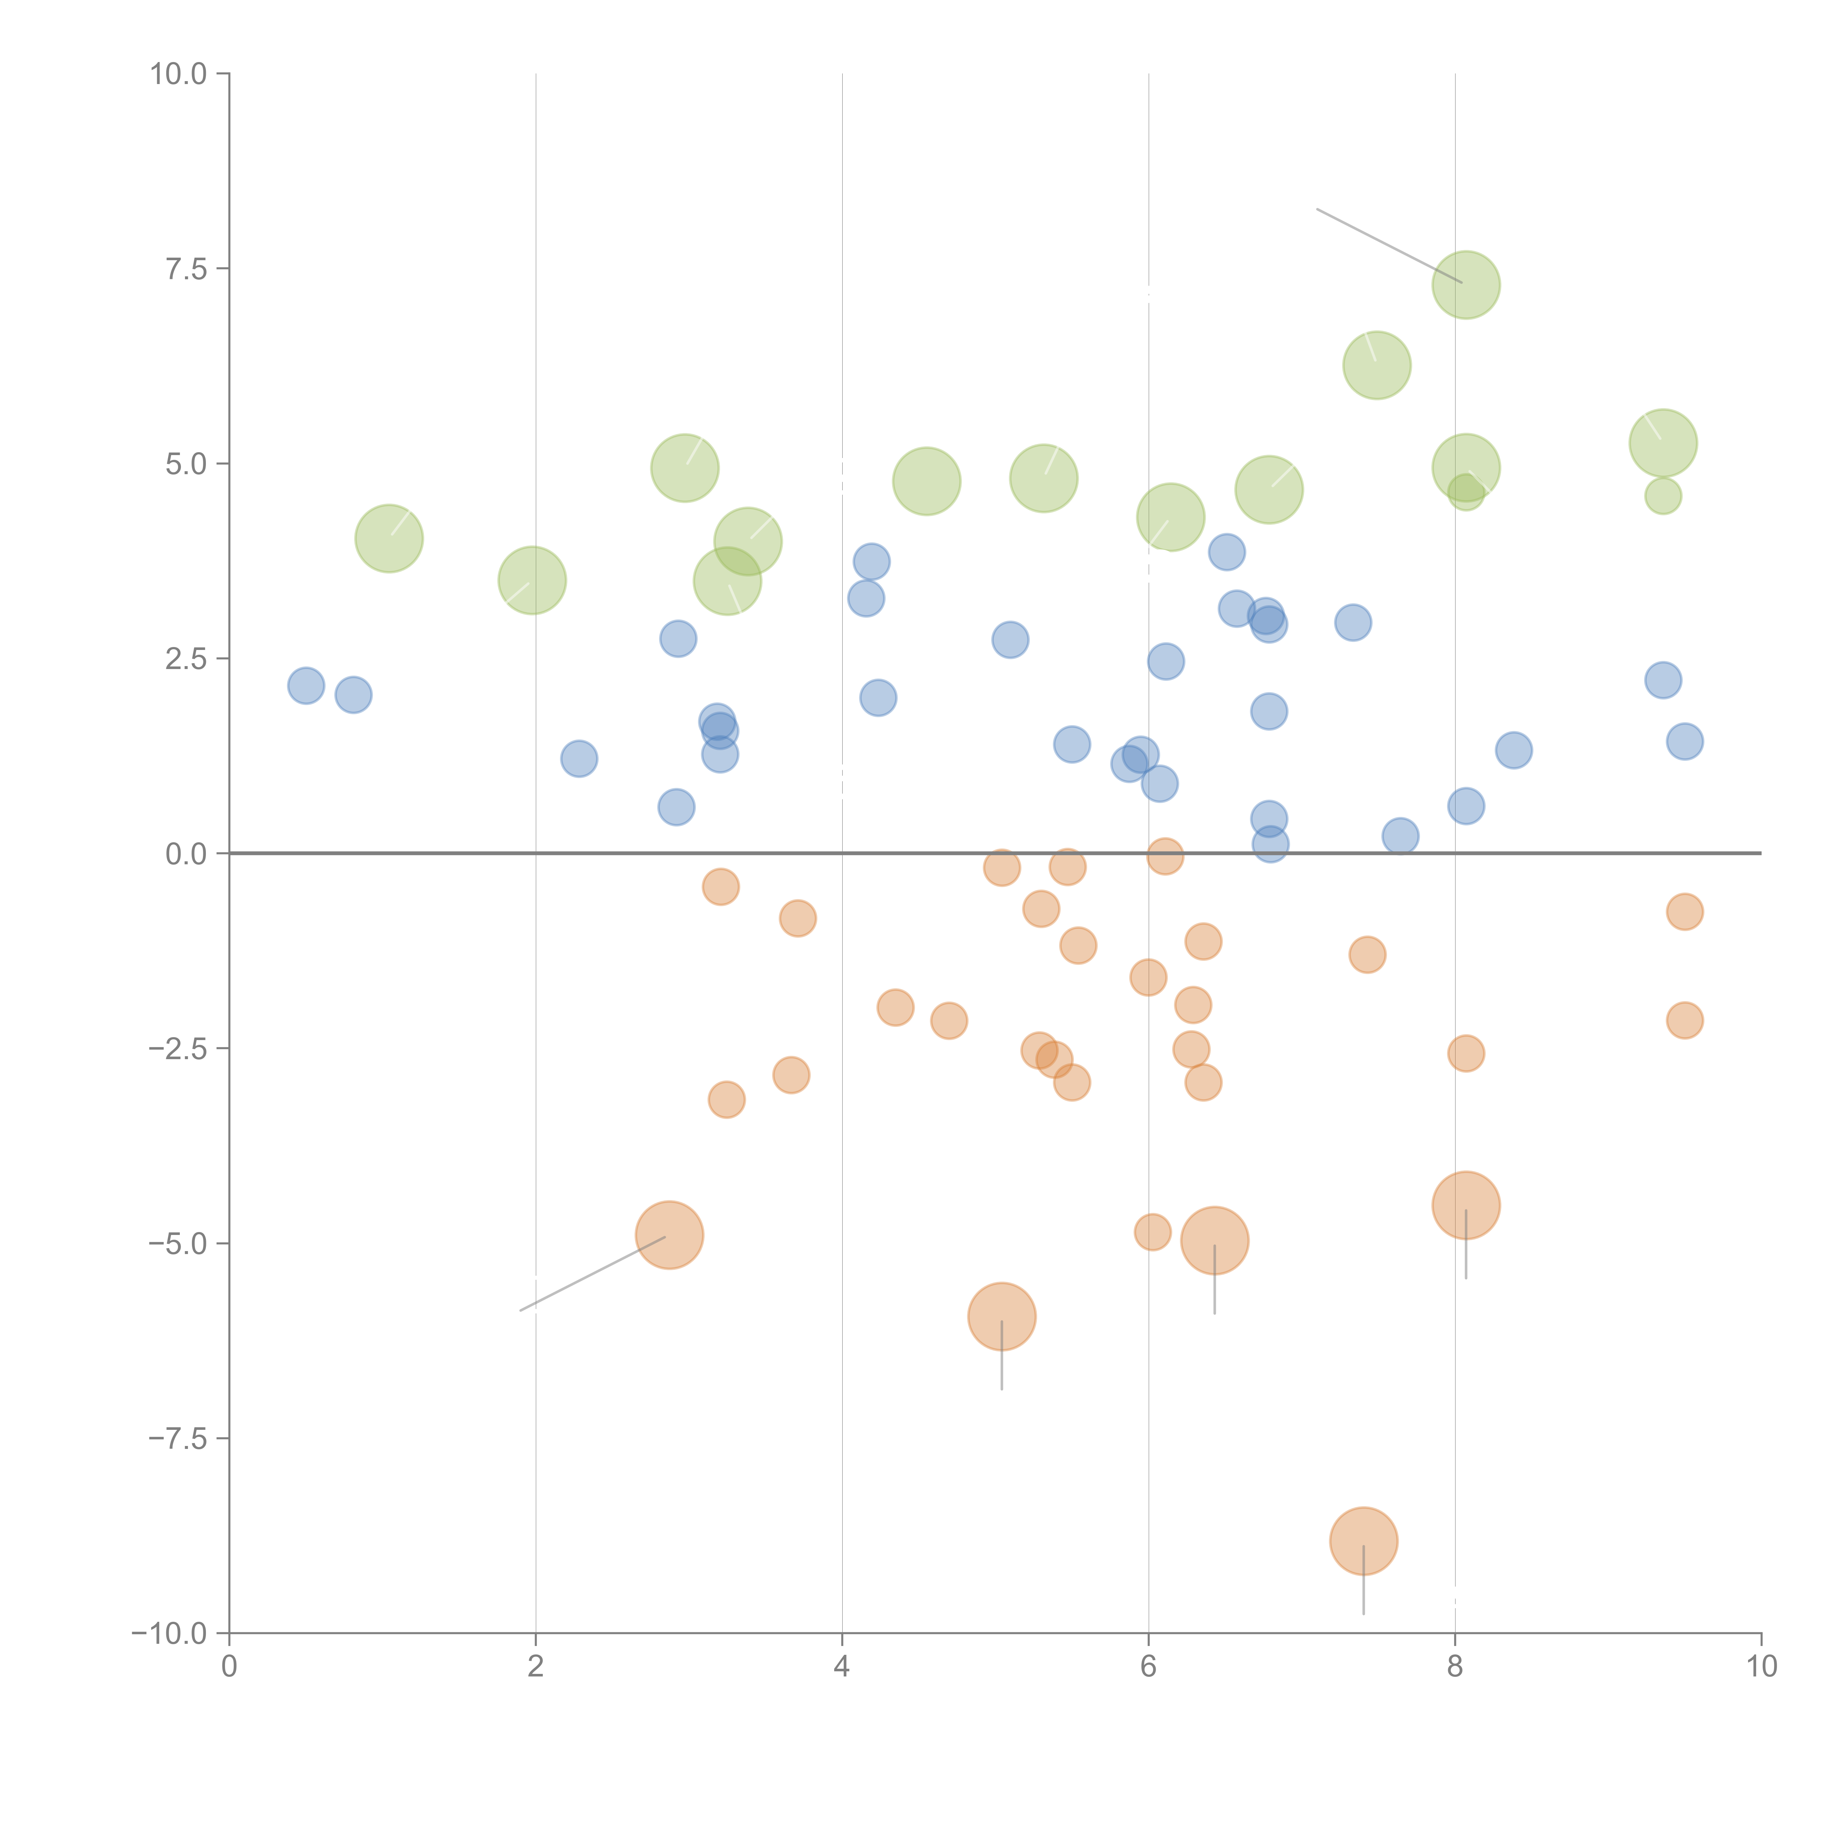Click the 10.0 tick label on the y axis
tap(178, 74)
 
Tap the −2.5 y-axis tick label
tap(178, 1049)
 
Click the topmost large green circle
tap(1465, 285)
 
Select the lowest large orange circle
tap(1363, 1541)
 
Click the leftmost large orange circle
tap(670, 1235)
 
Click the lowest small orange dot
tap(1152, 1232)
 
